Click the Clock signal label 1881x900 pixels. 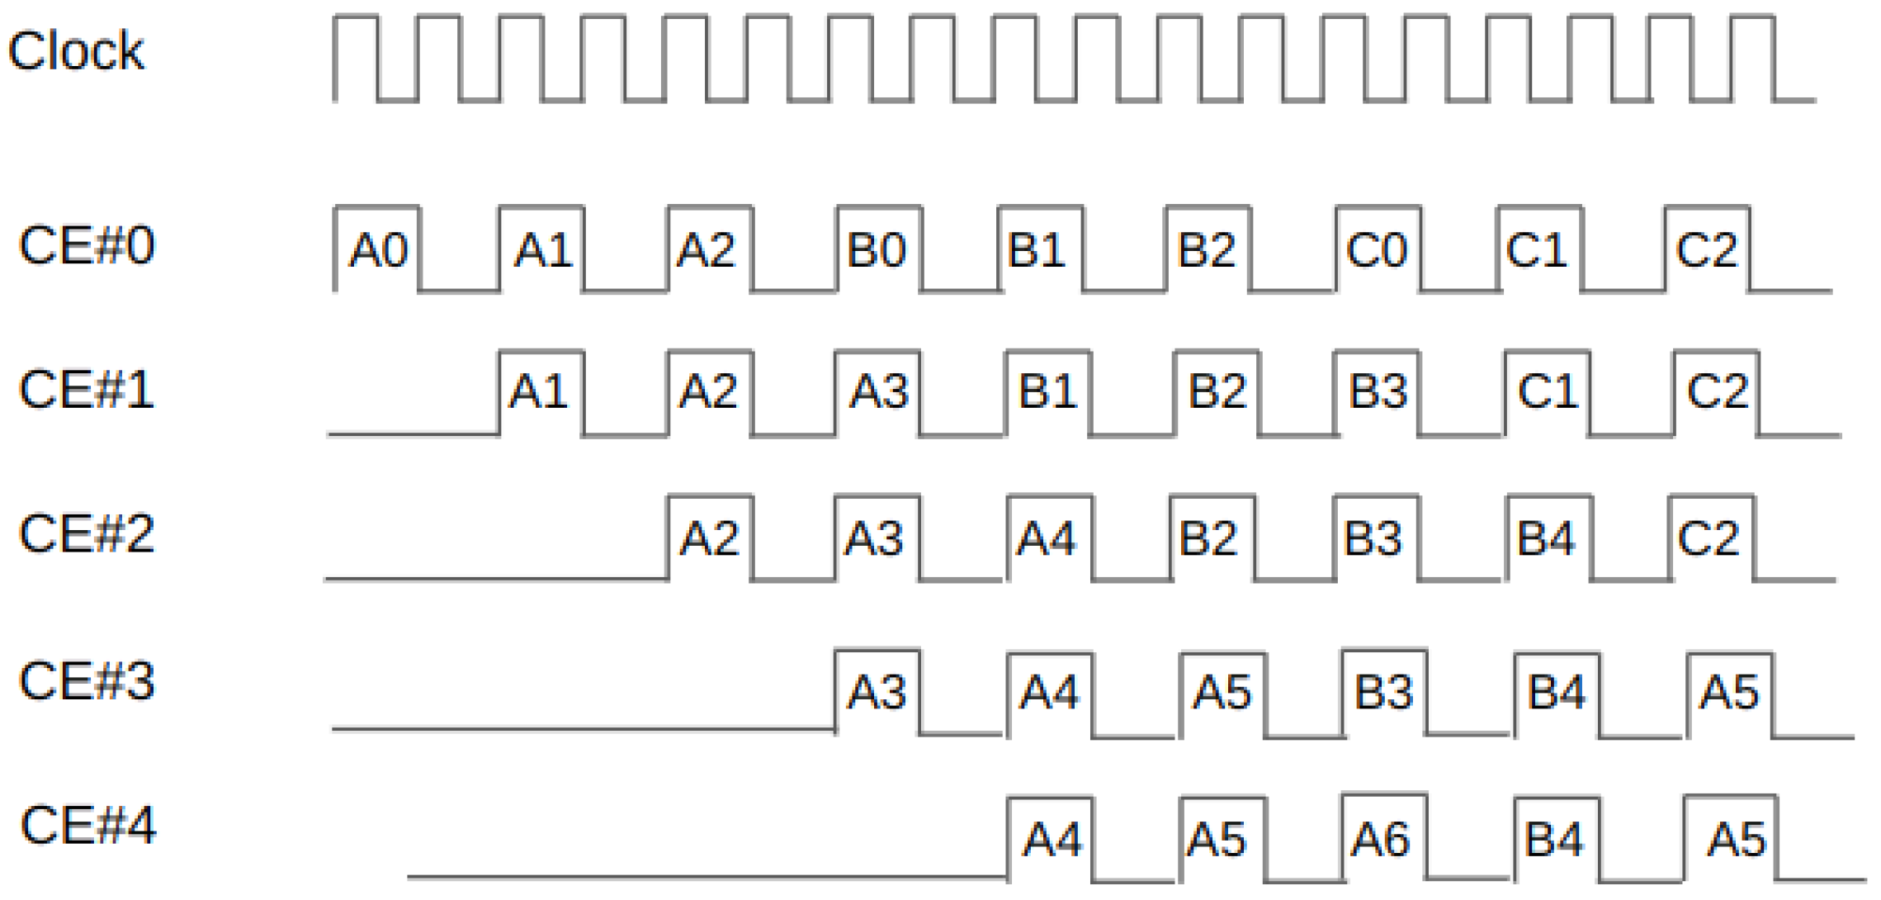[76, 51]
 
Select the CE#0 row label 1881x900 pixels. [87, 245]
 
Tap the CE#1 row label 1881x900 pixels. [87, 390]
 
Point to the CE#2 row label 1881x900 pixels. [87, 533]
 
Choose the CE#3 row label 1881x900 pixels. [87, 681]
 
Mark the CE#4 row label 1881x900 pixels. [88, 825]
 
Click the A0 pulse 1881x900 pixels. [378, 249]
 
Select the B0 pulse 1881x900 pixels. [877, 249]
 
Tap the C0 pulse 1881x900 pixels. [1376, 249]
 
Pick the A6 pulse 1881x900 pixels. [1381, 840]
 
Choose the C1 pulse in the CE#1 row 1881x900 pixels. [1548, 391]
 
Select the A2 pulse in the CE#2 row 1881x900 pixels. [709, 538]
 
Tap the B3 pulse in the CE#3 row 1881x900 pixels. [1383, 692]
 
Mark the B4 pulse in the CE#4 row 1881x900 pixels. [1554, 840]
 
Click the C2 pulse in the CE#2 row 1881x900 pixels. [1708, 538]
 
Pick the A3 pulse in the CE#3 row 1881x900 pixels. [877, 692]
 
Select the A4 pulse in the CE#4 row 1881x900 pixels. [1051, 840]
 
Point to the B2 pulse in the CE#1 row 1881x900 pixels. [1217, 391]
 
